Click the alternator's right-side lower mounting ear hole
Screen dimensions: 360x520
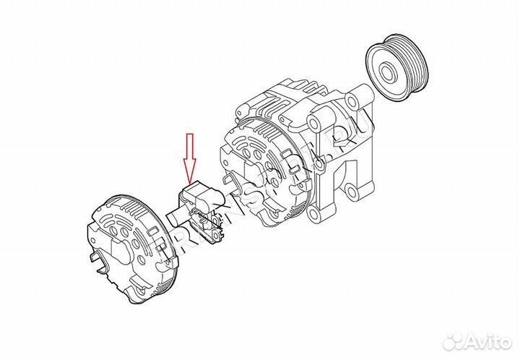[352, 194]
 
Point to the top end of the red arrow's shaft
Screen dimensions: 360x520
[190, 135]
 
